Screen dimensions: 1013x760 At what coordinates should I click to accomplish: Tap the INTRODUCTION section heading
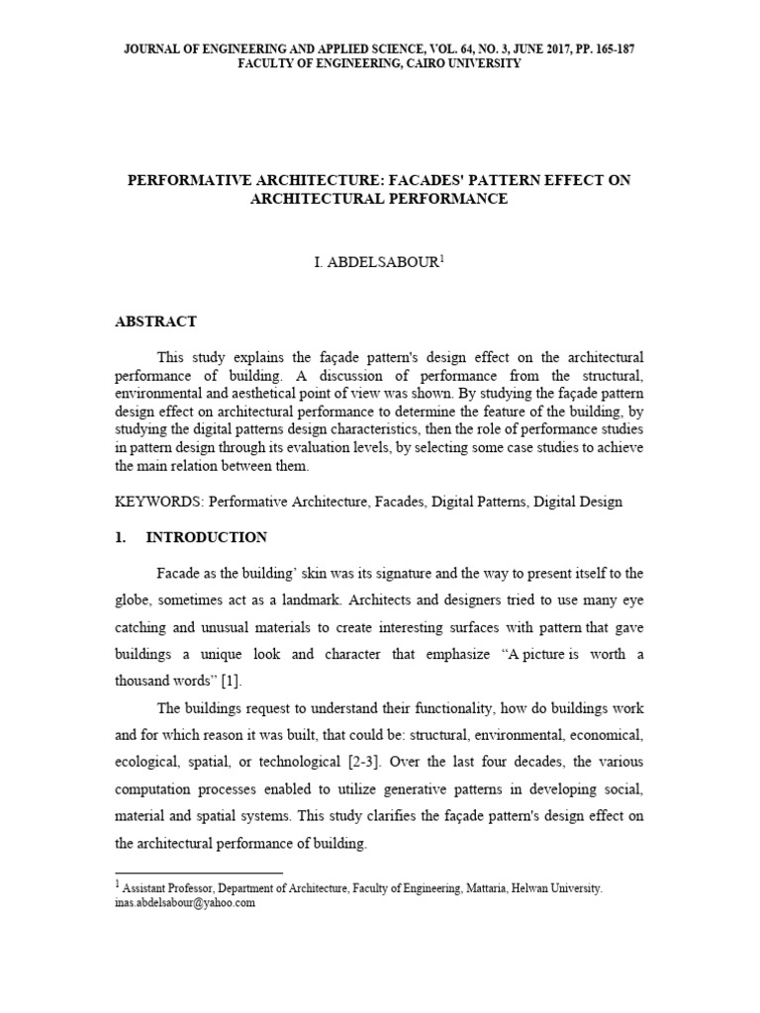[206, 537]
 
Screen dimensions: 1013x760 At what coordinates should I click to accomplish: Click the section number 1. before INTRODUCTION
[122, 537]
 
